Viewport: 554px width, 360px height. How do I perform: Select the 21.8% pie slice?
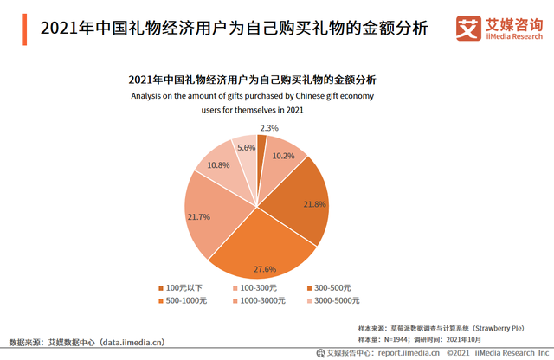tap(299, 203)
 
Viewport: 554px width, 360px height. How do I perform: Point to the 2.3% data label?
tap(269, 128)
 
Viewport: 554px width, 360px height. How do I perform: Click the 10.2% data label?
tap(284, 157)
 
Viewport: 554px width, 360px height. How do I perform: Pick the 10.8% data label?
tap(219, 165)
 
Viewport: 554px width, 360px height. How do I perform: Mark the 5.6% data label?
tap(246, 147)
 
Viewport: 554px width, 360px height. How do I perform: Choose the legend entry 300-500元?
tap(334, 288)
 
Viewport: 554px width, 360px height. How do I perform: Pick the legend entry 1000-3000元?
tap(262, 300)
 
